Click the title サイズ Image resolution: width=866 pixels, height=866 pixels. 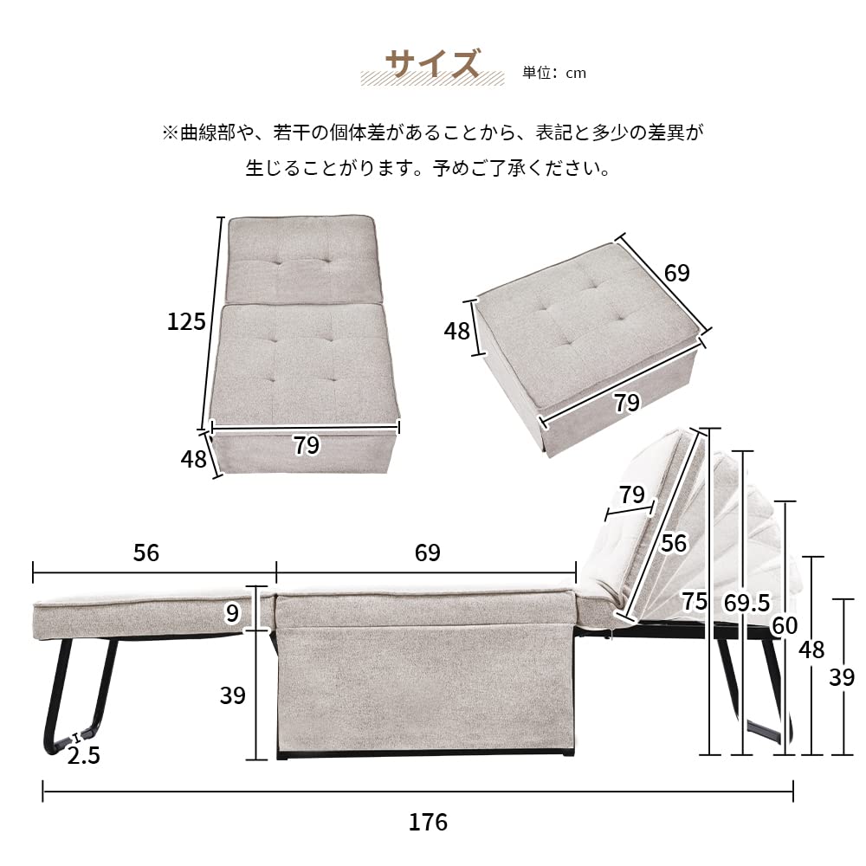[x=432, y=64]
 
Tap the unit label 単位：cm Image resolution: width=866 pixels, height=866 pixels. [x=554, y=73]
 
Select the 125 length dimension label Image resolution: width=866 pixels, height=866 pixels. [x=186, y=322]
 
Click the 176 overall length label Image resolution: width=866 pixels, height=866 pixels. [x=428, y=821]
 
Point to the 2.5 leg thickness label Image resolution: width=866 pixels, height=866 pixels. [x=83, y=755]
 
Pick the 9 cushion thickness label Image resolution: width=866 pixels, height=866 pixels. [x=231, y=613]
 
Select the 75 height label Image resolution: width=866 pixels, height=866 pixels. [x=695, y=599]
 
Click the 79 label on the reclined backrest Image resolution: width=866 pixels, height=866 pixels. [x=632, y=494]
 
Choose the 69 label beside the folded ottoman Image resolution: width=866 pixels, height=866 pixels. [x=676, y=273]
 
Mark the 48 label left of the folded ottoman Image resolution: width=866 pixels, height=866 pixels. [x=456, y=331]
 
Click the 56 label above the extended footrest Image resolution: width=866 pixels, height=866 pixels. [x=146, y=553]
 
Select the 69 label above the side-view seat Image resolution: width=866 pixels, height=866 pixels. [x=428, y=553]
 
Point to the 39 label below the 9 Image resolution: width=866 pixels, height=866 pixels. [x=233, y=695]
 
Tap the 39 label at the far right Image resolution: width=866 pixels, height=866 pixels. [x=841, y=677]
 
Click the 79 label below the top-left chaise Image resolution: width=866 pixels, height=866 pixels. [x=306, y=445]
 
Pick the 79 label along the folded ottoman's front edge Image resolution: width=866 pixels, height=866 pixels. [x=626, y=403]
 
